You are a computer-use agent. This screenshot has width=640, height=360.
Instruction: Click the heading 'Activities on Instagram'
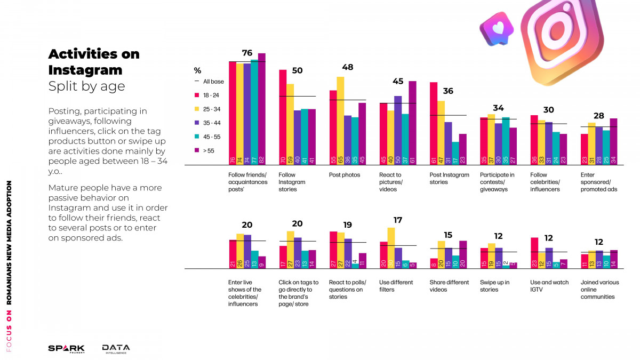coord(94,62)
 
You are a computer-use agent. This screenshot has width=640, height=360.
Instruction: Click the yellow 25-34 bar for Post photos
coord(340,121)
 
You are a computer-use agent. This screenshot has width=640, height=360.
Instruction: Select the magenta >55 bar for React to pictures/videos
coord(412,123)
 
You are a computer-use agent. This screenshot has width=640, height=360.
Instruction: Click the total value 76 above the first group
coord(247,52)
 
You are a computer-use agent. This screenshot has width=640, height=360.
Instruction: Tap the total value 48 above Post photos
coord(347,67)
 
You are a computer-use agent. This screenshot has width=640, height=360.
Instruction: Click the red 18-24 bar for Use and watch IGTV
coord(534,253)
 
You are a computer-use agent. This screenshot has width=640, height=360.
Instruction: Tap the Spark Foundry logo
coord(66,348)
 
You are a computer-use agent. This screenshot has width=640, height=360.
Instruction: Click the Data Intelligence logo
coord(116,348)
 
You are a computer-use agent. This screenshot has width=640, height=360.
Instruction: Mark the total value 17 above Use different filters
coord(397,220)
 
